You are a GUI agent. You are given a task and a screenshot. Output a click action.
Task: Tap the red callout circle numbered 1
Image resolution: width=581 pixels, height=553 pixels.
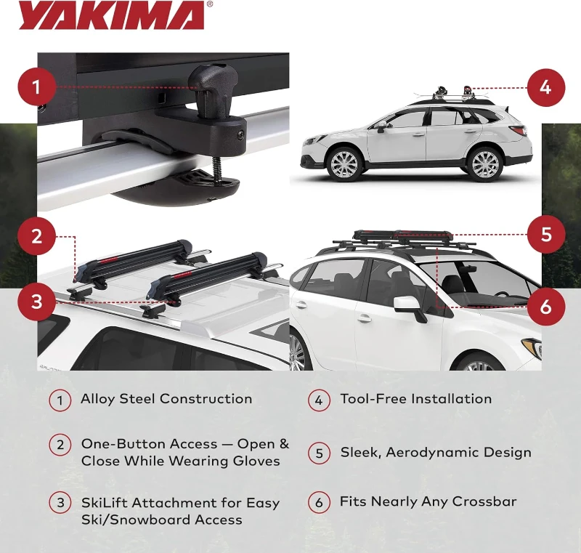pos(36,88)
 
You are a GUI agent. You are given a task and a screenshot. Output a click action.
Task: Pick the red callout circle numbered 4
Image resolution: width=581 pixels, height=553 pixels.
pos(545,88)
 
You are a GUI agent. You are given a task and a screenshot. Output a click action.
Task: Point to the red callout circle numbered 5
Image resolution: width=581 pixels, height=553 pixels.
pos(545,235)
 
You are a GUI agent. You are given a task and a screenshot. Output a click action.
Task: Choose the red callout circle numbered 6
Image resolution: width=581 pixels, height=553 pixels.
pos(545,307)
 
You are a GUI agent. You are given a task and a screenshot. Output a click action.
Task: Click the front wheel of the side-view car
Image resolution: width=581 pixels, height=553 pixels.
pos(344,164)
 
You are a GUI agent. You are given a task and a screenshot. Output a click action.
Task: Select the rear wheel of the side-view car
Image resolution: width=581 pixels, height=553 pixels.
pos(485,164)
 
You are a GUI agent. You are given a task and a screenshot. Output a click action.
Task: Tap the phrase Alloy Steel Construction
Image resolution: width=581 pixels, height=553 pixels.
pos(166,399)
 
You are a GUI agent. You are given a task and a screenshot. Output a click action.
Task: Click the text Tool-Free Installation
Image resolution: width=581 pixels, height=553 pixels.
pos(415,399)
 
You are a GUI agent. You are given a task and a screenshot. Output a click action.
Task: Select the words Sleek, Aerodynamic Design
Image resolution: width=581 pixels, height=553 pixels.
pos(436,453)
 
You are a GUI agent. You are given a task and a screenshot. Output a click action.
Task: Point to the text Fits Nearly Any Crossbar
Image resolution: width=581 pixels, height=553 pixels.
pos(428,502)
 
